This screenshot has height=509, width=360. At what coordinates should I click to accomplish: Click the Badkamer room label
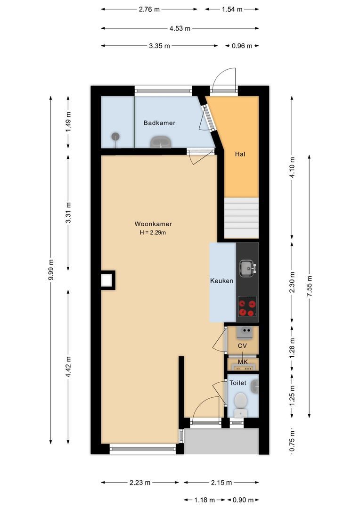point(159,123)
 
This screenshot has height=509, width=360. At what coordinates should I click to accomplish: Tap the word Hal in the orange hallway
point(240,154)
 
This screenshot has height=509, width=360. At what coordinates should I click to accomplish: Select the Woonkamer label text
point(153,224)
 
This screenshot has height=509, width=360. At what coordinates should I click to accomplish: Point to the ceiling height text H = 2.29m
point(153,232)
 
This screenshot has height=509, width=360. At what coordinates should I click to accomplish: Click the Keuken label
point(221,281)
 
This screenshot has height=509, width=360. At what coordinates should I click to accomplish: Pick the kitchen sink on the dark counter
point(247,268)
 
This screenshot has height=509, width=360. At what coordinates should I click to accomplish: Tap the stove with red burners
point(247,307)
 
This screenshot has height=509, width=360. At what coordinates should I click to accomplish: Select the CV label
point(242,346)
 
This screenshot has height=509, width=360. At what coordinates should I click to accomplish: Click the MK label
point(242,362)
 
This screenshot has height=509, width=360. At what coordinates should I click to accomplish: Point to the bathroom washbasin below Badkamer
point(161,141)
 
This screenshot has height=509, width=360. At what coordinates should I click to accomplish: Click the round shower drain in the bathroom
point(115,137)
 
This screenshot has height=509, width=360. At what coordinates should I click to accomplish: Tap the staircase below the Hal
point(241,218)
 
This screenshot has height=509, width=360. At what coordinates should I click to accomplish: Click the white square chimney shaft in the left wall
point(107,280)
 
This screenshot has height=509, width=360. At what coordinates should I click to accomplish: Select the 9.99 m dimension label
point(51,270)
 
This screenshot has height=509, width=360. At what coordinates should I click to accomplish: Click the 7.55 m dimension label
point(309,286)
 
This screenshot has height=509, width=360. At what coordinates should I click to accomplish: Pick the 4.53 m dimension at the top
point(180,28)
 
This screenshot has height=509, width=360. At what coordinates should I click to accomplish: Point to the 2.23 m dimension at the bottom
point(140,482)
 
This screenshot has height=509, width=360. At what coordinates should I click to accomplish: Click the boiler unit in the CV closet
point(244,332)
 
